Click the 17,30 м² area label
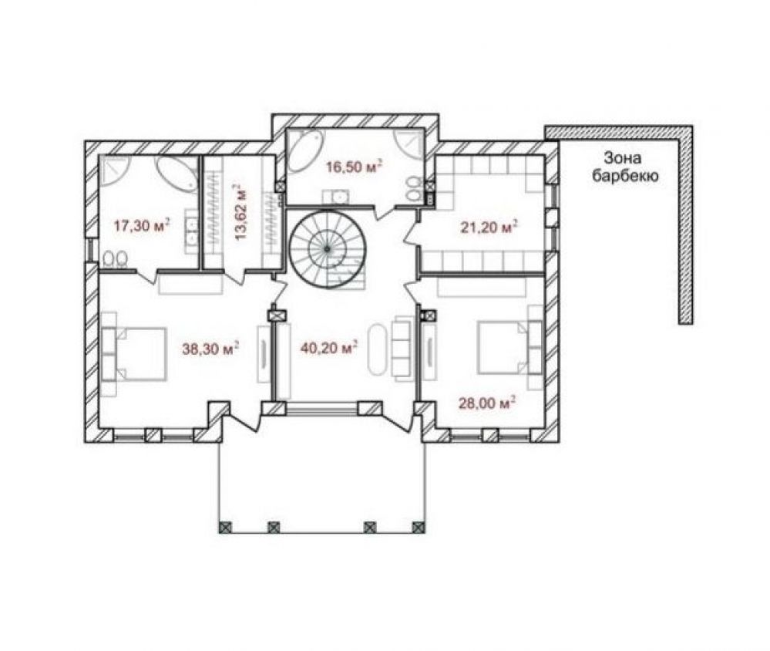coord(142,226)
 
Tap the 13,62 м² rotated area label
coord(240,212)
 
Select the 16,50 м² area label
coord(355,167)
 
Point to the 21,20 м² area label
coord(489,227)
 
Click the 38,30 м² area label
coord(210,349)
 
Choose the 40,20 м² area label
coord(328,348)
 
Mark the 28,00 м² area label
coord(487,403)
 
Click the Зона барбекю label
coord(624,167)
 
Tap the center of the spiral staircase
coord(327,249)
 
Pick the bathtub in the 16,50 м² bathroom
coord(305,150)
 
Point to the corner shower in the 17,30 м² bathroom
coord(113,170)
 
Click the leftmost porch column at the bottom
coord(225,527)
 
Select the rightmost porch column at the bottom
coord(419,527)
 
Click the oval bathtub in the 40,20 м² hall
coord(378,350)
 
